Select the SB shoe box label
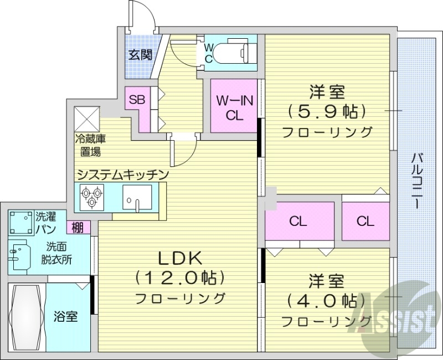(137, 100)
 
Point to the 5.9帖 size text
(327, 111)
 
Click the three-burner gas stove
(91, 198)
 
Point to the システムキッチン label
(122, 174)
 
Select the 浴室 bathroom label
(65, 317)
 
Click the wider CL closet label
(298, 222)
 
